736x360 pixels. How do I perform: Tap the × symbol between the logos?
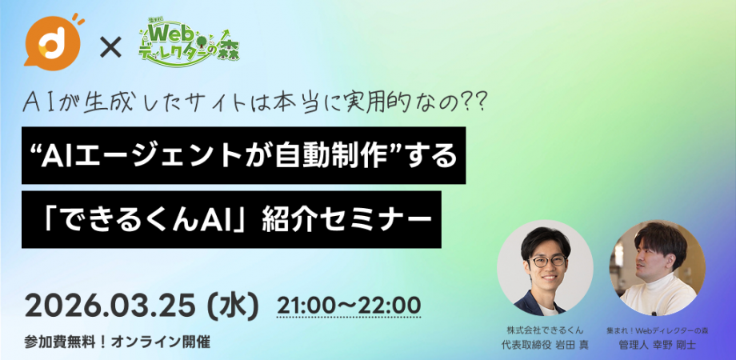coord(110,47)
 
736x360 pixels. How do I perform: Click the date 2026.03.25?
coord(110,306)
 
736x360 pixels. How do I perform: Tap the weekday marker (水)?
coord(232,306)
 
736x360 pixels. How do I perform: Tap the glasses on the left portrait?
coord(547,262)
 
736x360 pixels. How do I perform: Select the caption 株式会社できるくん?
coord(545,330)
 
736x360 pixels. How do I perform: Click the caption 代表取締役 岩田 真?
coord(545,345)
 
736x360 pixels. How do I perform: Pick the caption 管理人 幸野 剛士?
coord(657,345)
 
